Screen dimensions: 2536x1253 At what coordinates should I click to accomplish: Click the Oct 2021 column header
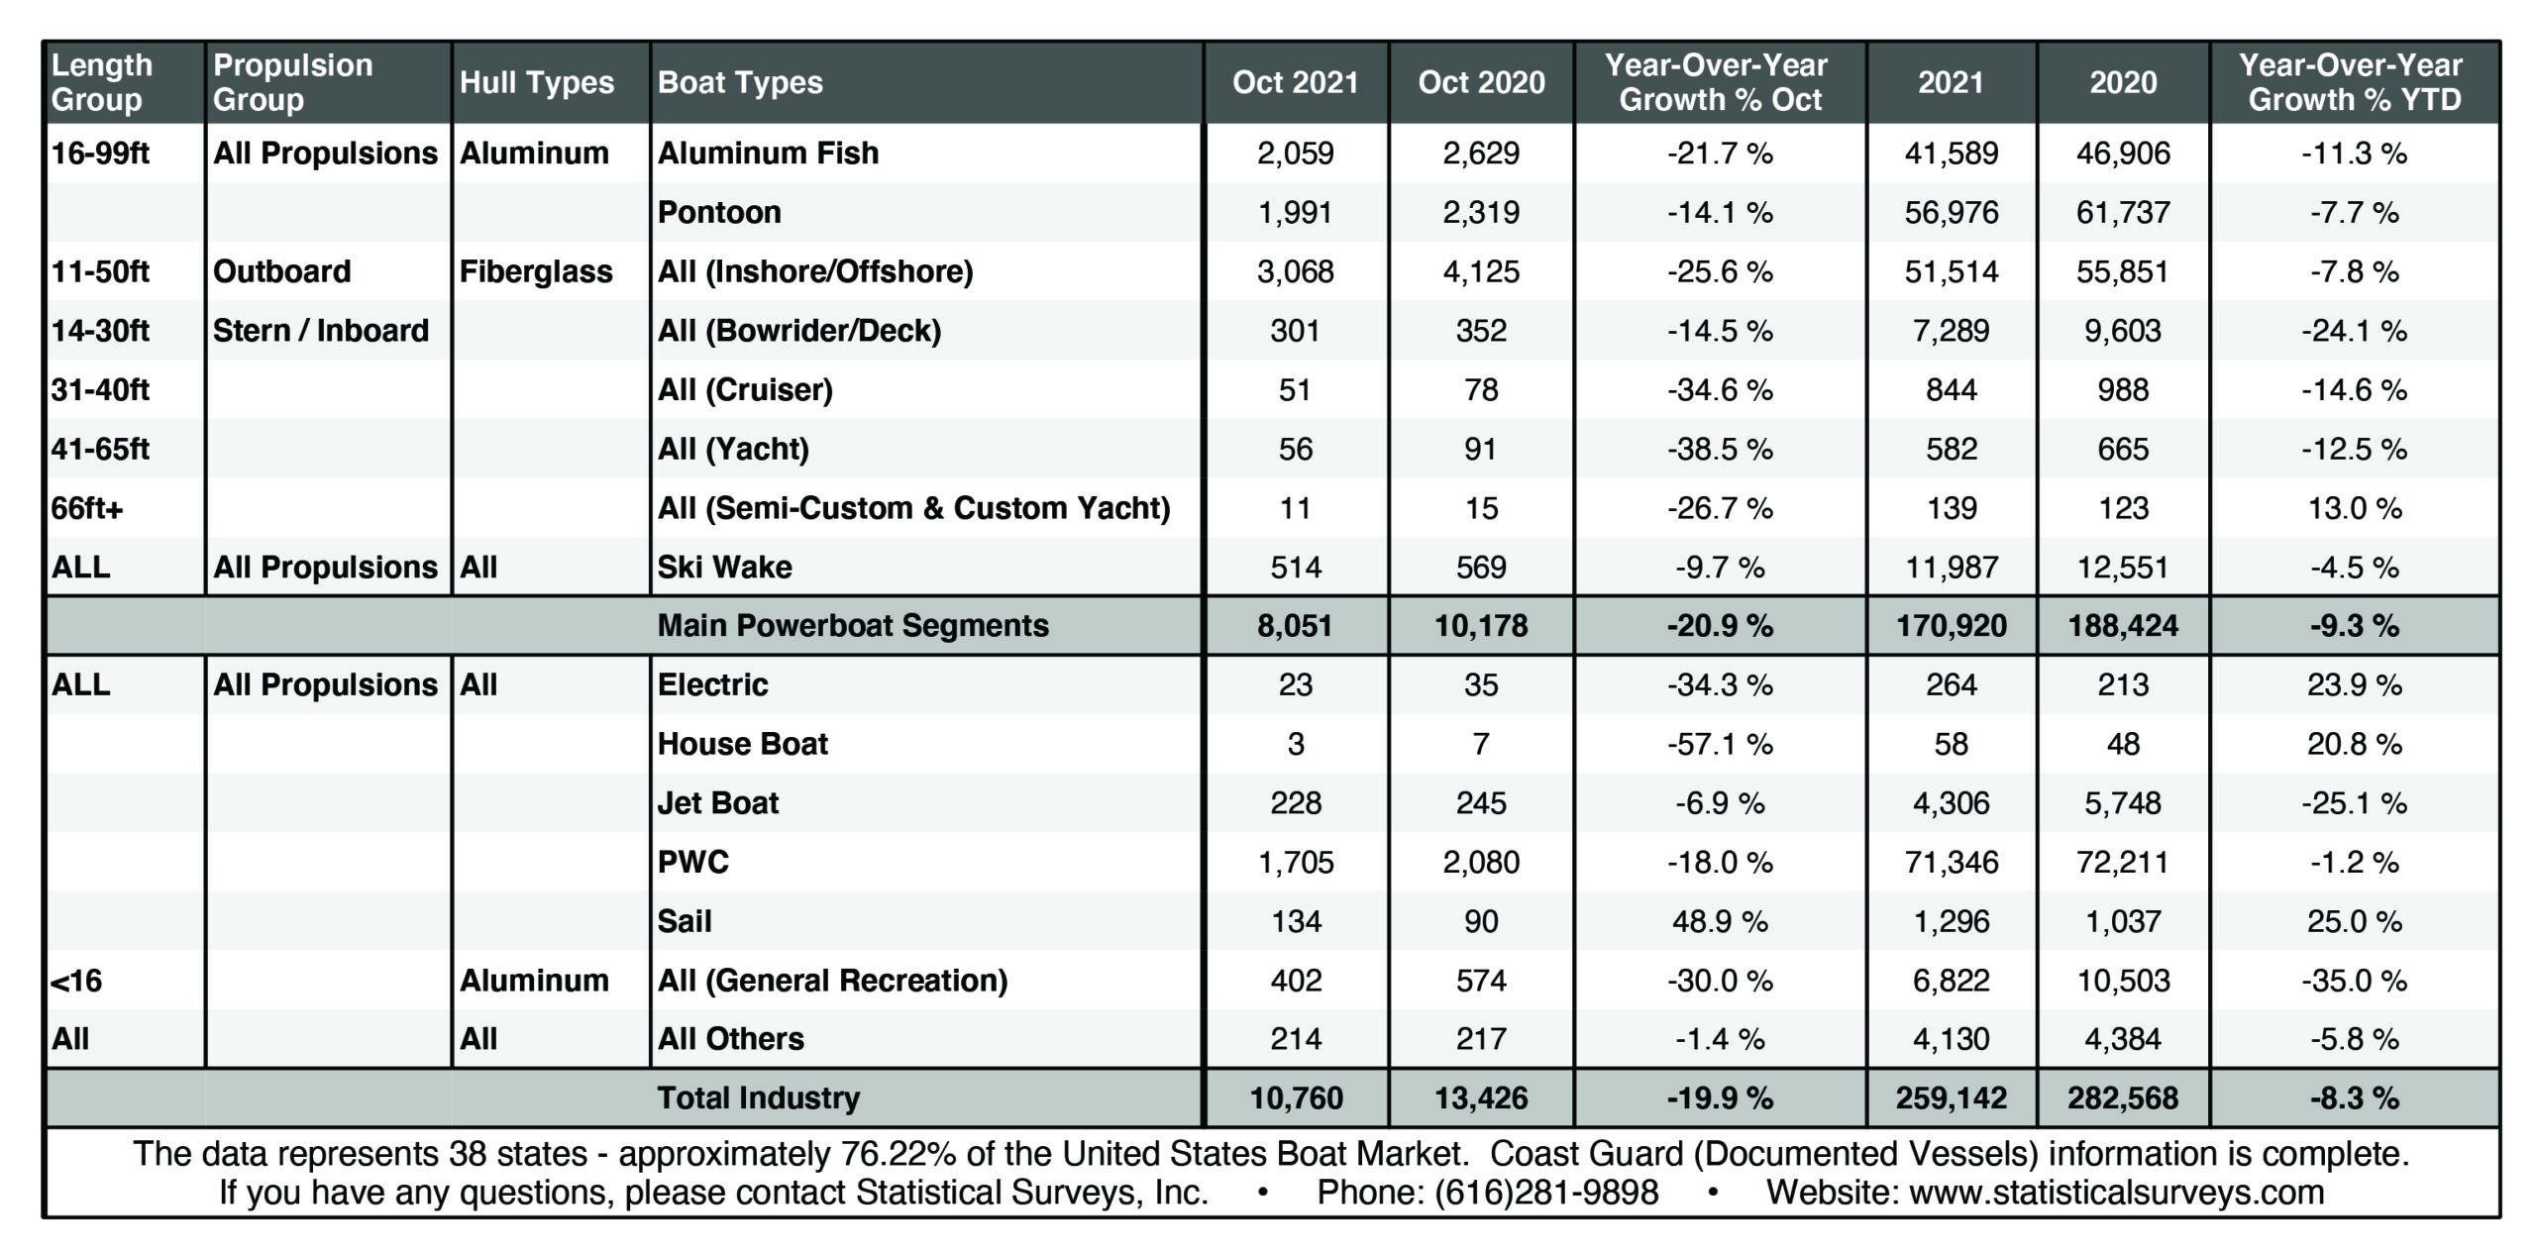tap(1295, 82)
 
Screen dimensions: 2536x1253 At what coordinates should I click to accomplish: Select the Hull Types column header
tap(537, 82)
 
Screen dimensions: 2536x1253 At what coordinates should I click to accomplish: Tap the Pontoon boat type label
tap(719, 212)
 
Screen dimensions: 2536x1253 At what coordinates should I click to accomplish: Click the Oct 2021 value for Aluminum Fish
tap(1295, 153)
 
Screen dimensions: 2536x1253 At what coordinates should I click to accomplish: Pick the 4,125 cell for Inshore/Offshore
tap(1481, 271)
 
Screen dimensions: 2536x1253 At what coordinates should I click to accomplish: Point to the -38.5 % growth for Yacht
tap(1720, 449)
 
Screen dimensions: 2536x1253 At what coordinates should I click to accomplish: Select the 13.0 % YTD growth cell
tap(2354, 508)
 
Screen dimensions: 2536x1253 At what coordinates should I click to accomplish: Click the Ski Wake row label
tap(725, 567)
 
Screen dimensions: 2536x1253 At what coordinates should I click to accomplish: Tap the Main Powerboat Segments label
tap(853, 625)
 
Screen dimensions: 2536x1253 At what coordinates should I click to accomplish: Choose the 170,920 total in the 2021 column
tap(1951, 625)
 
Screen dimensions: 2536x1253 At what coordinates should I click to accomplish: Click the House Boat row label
tap(743, 744)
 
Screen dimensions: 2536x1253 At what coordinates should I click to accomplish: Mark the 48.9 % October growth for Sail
tap(1720, 921)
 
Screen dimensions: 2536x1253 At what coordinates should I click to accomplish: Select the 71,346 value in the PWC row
tap(1951, 862)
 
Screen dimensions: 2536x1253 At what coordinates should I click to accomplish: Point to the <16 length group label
tap(76, 981)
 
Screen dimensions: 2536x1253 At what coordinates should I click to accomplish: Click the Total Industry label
tap(759, 1097)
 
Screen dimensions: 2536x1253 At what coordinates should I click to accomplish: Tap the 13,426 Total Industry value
tap(1481, 1097)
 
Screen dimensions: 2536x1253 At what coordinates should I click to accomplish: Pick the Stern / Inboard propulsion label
tap(321, 330)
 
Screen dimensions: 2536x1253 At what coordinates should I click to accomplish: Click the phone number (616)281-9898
tap(1546, 1192)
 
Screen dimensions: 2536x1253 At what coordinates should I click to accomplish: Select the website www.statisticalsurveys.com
tap(2116, 1192)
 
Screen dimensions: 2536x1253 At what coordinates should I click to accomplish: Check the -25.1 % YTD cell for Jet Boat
tap(2354, 803)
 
